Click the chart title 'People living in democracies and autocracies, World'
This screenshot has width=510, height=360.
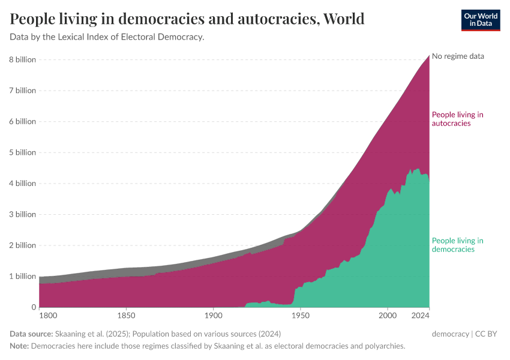[187, 19]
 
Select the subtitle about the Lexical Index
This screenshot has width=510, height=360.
[107, 37]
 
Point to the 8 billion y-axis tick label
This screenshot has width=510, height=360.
[22, 59]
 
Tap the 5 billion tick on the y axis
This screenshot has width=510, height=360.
[22, 152]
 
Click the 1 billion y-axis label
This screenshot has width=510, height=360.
[22, 277]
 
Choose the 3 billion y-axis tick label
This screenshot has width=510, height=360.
[22, 214]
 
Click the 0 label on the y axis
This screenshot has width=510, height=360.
[34, 307]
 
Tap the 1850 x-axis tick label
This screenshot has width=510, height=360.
[125, 315]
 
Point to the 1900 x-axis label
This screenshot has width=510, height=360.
[213, 315]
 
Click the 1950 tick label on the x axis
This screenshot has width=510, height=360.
[300, 315]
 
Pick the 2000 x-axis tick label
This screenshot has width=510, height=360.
[388, 315]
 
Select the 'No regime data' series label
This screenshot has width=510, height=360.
[458, 56]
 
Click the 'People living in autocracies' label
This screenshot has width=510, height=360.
[457, 119]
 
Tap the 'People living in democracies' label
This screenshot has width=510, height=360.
[457, 245]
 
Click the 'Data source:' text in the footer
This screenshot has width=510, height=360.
[31, 334]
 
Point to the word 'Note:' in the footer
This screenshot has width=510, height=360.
[19, 346]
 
